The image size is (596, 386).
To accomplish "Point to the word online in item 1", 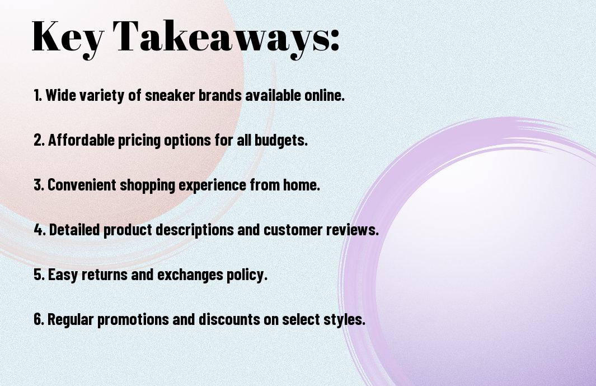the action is pyautogui.click(x=324, y=95).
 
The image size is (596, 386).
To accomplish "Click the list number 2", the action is pyautogui.click(x=39, y=140).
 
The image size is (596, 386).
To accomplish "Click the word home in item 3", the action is pyautogui.click(x=301, y=185).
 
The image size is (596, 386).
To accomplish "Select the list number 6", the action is pyautogui.click(x=39, y=319).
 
